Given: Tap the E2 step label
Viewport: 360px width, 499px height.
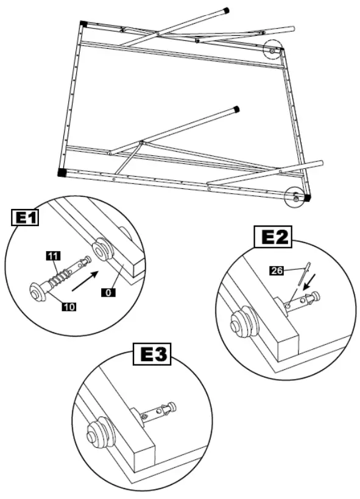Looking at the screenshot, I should [x=272, y=237].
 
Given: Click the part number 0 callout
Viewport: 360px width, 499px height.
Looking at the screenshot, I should [x=107, y=294].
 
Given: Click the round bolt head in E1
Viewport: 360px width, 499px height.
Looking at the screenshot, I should [x=38, y=292].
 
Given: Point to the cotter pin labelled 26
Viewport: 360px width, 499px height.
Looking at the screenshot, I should [x=302, y=273].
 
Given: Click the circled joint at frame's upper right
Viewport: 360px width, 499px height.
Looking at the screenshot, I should [x=272, y=50].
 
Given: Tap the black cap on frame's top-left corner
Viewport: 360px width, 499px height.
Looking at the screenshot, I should [x=83, y=24].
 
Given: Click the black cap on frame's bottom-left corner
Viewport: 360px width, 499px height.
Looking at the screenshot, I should [x=63, y=172].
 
